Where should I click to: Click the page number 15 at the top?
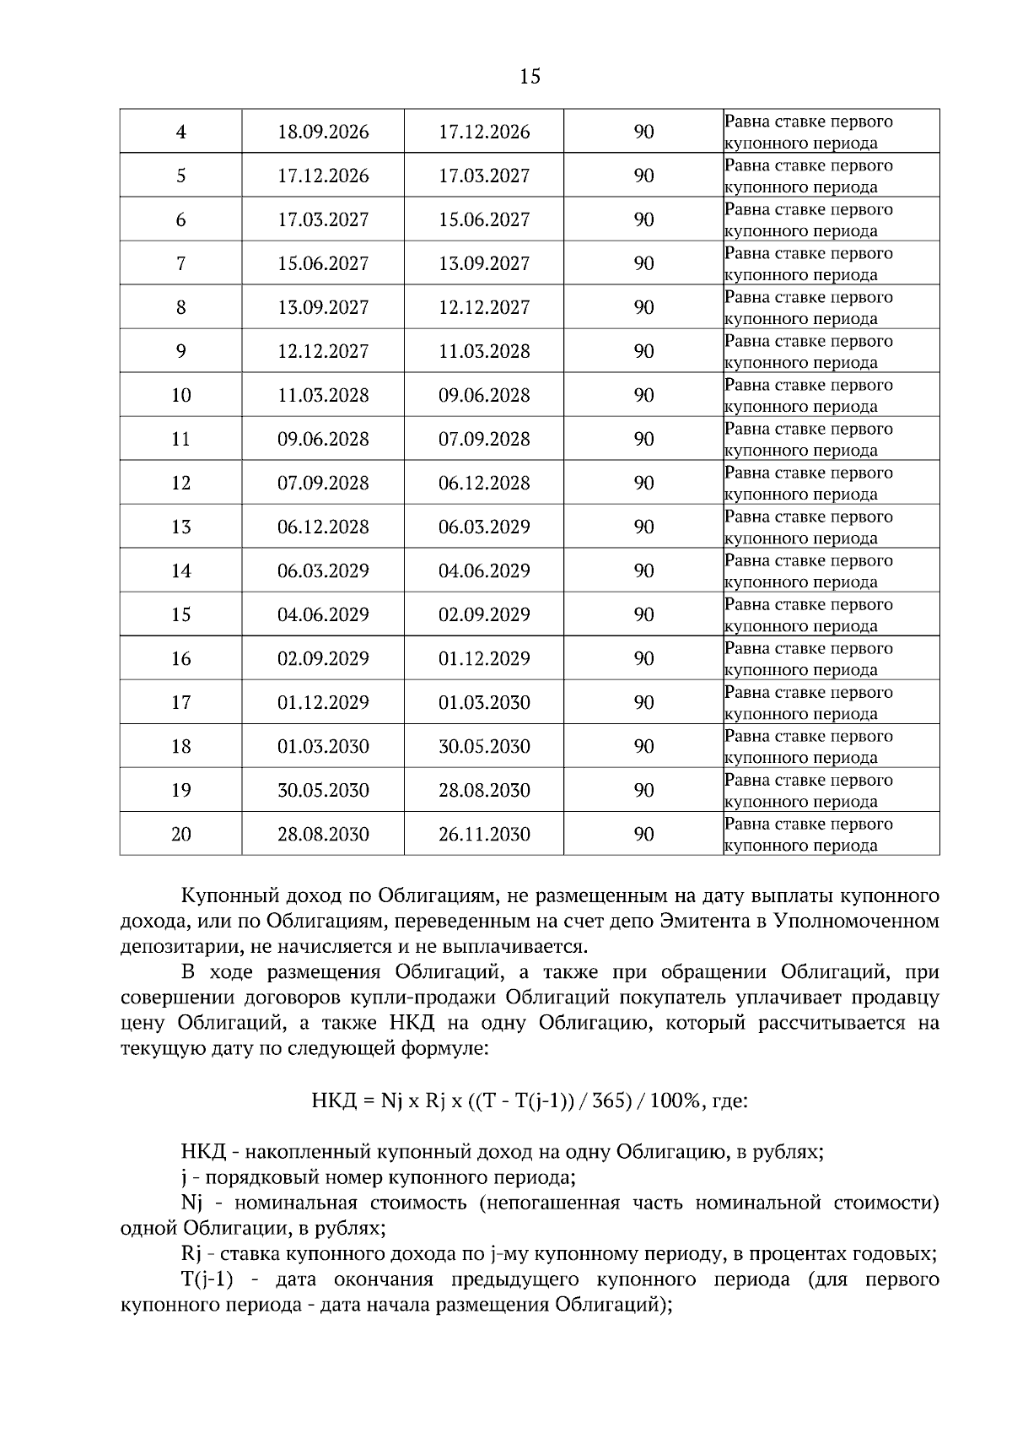(x=530, y=77)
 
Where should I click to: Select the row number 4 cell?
(x=180, y=132)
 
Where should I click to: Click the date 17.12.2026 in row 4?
(x=484, y=132)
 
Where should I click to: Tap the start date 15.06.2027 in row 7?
(x=323, y=264)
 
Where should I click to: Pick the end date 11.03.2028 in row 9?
(x=484, y=352)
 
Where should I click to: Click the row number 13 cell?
(x=180, y=527)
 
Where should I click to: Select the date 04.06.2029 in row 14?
(x=484, y=571)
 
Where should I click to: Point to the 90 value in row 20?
(x=643, y=835)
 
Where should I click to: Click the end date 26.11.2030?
(x=484, y=835)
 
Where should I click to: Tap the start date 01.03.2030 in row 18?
(x=323, y=747)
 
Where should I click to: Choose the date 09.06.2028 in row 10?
(x=484, y=396)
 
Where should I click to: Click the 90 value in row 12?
(x=643, y=484)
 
